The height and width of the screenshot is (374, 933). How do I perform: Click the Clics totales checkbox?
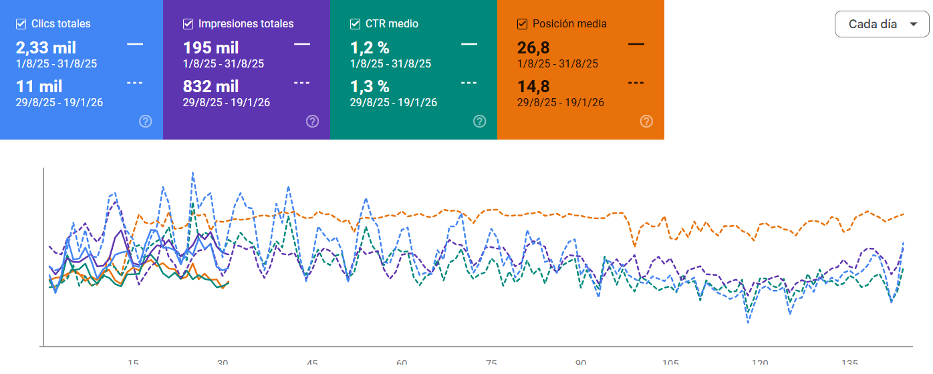pos(21,24)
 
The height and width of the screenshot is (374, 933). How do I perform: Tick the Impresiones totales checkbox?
pos(188,24)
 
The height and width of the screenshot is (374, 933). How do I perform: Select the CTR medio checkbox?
pos(355,24)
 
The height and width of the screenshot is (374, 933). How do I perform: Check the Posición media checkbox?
pos(522,24)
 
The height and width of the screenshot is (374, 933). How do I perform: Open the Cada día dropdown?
pos(882,24)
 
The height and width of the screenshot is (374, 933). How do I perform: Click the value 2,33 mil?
pos(45,48)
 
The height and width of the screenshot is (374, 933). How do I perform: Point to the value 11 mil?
pos(39,86)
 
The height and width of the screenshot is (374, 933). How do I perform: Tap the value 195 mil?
pos(211,48)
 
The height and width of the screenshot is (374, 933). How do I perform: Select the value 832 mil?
pos(211,86)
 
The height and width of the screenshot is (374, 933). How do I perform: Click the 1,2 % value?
pos(369,48)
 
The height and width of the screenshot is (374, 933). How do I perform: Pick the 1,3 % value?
pos(369,86)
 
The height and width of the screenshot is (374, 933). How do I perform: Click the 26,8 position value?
pos(533,48)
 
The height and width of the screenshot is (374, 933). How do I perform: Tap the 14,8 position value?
pos(533,86)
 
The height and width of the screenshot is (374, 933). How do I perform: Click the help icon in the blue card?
pos(146,121)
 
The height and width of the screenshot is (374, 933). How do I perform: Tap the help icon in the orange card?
pos(646,121)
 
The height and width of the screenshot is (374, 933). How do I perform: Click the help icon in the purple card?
pos(312,121)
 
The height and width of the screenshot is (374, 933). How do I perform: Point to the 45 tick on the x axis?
pos(312,363)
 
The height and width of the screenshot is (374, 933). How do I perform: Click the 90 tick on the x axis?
pos(581,363)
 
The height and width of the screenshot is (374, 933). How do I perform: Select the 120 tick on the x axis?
pos(760,363)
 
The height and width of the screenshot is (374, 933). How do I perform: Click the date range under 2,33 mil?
pos(56,64)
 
